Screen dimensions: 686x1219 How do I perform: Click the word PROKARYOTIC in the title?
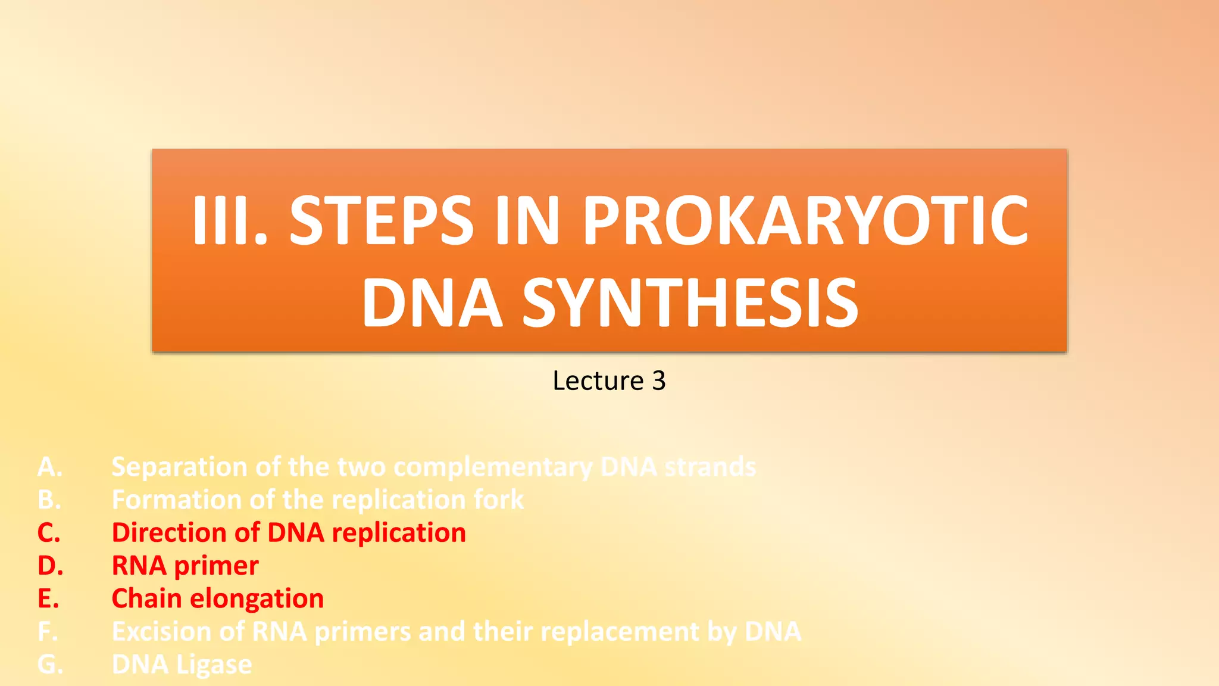(805, 222)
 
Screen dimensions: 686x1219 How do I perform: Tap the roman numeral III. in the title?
(230, 222)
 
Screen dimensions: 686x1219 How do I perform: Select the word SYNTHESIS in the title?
(690, 304)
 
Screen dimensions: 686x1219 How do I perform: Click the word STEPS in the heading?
(381, 222)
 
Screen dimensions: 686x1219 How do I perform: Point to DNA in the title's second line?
(432, 304)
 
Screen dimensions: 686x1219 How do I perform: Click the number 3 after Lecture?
(658, 381)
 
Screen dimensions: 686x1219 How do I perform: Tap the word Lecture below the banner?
(598, 381)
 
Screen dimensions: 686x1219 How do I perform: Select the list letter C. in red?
(49, 533)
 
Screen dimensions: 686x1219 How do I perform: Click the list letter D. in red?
(50, 566)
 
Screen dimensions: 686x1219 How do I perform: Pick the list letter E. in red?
(48, 598)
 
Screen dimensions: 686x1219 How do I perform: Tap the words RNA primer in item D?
(185, 566)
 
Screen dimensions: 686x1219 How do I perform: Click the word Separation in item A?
(179, 467)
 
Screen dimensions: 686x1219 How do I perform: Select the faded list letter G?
(50, 665)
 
